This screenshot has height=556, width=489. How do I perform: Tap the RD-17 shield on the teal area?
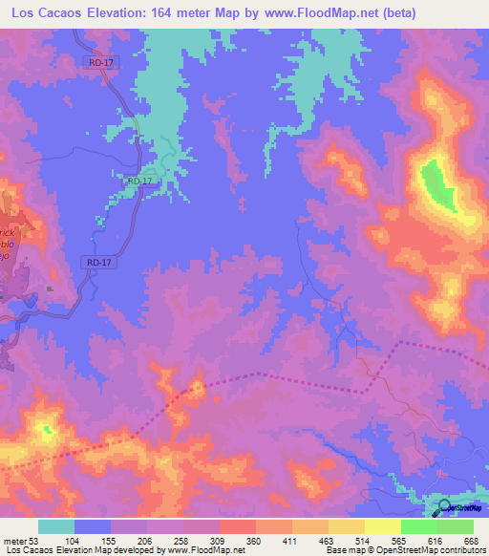(139, 180)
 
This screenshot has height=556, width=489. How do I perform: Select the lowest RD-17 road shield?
(100, 261)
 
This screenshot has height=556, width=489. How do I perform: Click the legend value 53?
(35, 540)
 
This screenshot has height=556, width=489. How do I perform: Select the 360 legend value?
(253, 540)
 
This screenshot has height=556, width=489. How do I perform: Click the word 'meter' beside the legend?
(14, 540)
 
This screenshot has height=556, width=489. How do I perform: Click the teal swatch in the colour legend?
(56, 526)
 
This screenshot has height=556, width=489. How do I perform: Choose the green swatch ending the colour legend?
(456, 526)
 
